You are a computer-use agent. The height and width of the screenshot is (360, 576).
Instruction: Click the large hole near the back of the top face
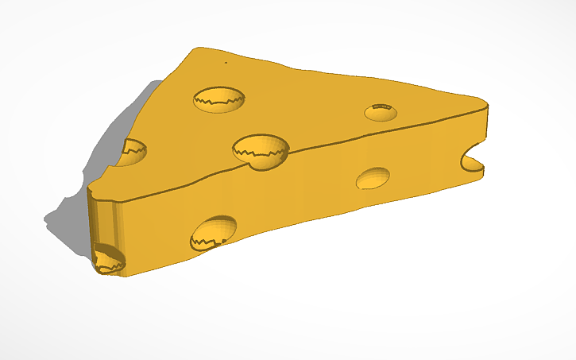[218, 99]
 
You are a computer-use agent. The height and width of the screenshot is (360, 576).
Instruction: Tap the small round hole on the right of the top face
[381, 112]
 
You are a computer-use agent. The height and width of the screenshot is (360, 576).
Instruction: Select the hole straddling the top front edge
[261, 150]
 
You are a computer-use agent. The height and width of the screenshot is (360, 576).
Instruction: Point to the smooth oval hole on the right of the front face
[372, 178]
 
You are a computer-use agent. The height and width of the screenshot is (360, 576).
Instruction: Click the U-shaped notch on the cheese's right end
[472, 156]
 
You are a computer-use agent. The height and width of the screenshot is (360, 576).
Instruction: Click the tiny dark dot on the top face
[225, 61]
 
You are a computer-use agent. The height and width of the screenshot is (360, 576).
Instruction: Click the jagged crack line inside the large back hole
[218, 101]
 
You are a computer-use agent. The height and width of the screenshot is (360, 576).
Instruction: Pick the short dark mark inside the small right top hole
[382, 106]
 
